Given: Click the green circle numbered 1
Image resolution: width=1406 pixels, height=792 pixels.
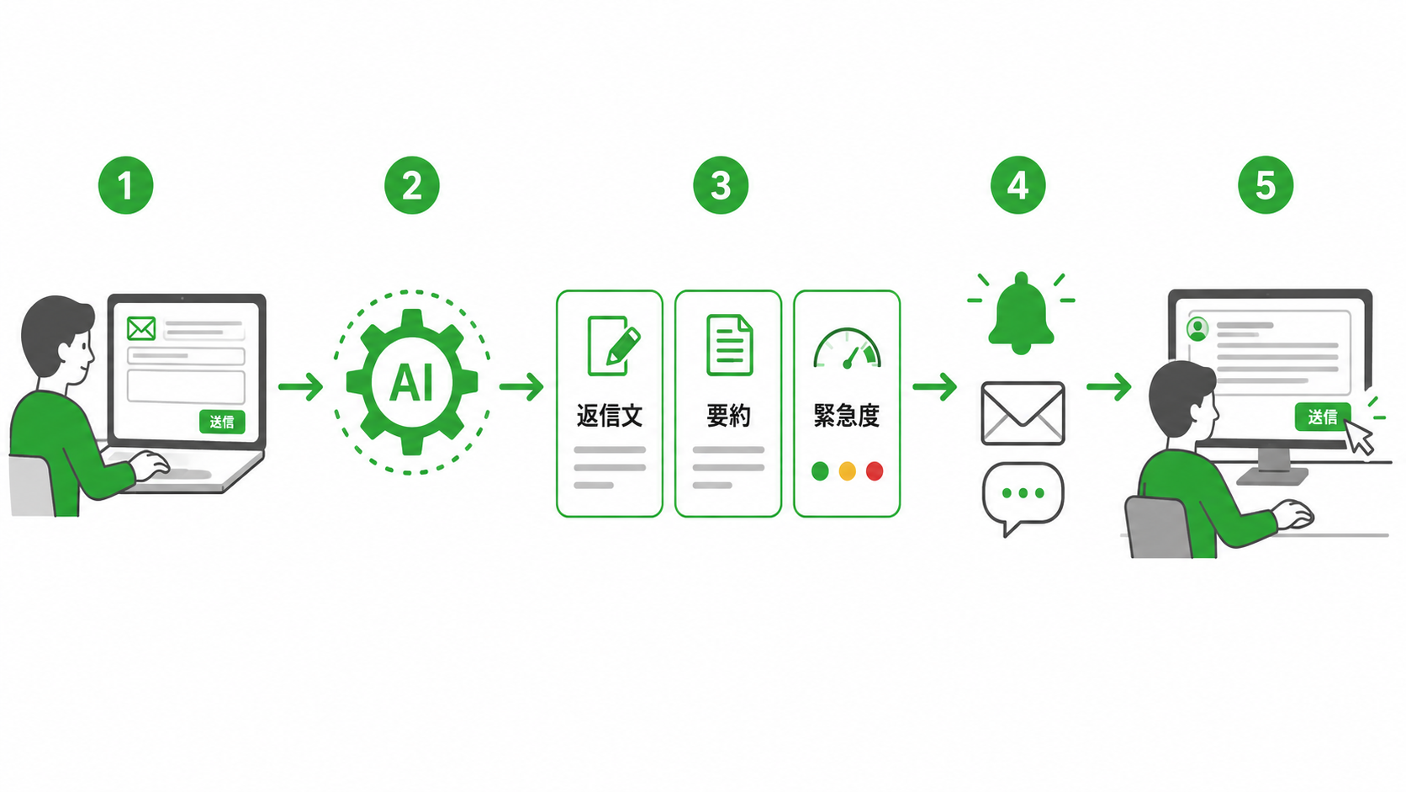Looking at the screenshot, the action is [x=125, y=185].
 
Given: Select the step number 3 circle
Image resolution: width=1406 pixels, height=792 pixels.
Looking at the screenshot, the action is [x=721, y=185].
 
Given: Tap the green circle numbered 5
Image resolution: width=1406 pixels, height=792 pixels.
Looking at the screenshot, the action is [x=1266, y=185].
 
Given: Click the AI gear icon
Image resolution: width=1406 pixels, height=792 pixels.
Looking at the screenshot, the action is [x=412, y=382].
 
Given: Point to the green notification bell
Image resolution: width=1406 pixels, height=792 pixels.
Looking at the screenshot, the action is [x=1021, y=314].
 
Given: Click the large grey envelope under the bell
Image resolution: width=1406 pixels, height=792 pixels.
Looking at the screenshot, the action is [x=1023, y=413].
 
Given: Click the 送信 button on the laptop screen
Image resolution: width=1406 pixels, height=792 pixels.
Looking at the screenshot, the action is [x=222, y=422].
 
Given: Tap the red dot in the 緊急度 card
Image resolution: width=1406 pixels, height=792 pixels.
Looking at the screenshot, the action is [x=875, y=471].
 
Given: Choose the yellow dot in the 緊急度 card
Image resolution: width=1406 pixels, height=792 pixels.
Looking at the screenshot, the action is [x=848, y=471].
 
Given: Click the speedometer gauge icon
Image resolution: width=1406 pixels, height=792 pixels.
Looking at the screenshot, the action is [x=848, y=348].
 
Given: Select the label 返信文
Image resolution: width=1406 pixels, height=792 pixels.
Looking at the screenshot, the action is [x=610, y=416].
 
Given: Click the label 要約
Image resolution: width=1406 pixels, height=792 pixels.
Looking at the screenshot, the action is [x=728, y=416].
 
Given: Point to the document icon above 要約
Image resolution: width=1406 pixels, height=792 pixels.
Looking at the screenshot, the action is [x=729, y=345].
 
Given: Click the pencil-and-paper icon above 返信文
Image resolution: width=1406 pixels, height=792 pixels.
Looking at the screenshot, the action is [x=613, y=345].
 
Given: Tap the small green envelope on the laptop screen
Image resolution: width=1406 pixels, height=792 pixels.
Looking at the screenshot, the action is [x=141, y=328].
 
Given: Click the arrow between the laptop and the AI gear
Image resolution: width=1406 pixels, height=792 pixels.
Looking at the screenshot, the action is [x=301, y=386].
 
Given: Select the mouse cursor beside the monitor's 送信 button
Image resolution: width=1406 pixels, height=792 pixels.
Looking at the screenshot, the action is [x=1358, y=437].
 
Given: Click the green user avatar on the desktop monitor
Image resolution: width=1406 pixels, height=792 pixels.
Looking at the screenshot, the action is [x=1197, y=329].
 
